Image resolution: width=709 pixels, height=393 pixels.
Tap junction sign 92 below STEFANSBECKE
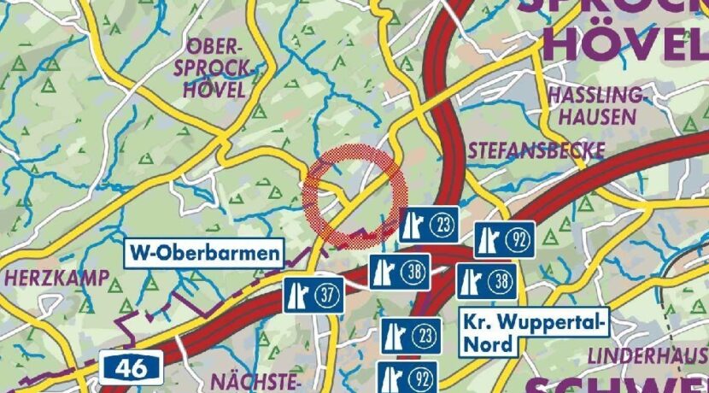click(504, 240)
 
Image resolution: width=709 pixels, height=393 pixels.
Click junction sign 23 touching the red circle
click(430, 224)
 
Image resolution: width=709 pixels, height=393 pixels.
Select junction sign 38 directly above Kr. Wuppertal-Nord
click(486, 280)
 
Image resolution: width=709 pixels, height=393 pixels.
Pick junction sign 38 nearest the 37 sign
click(399, 272)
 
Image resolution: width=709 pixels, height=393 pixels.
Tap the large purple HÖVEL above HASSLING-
click(627, 43)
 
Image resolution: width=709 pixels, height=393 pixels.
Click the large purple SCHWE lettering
click(615, 384)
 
